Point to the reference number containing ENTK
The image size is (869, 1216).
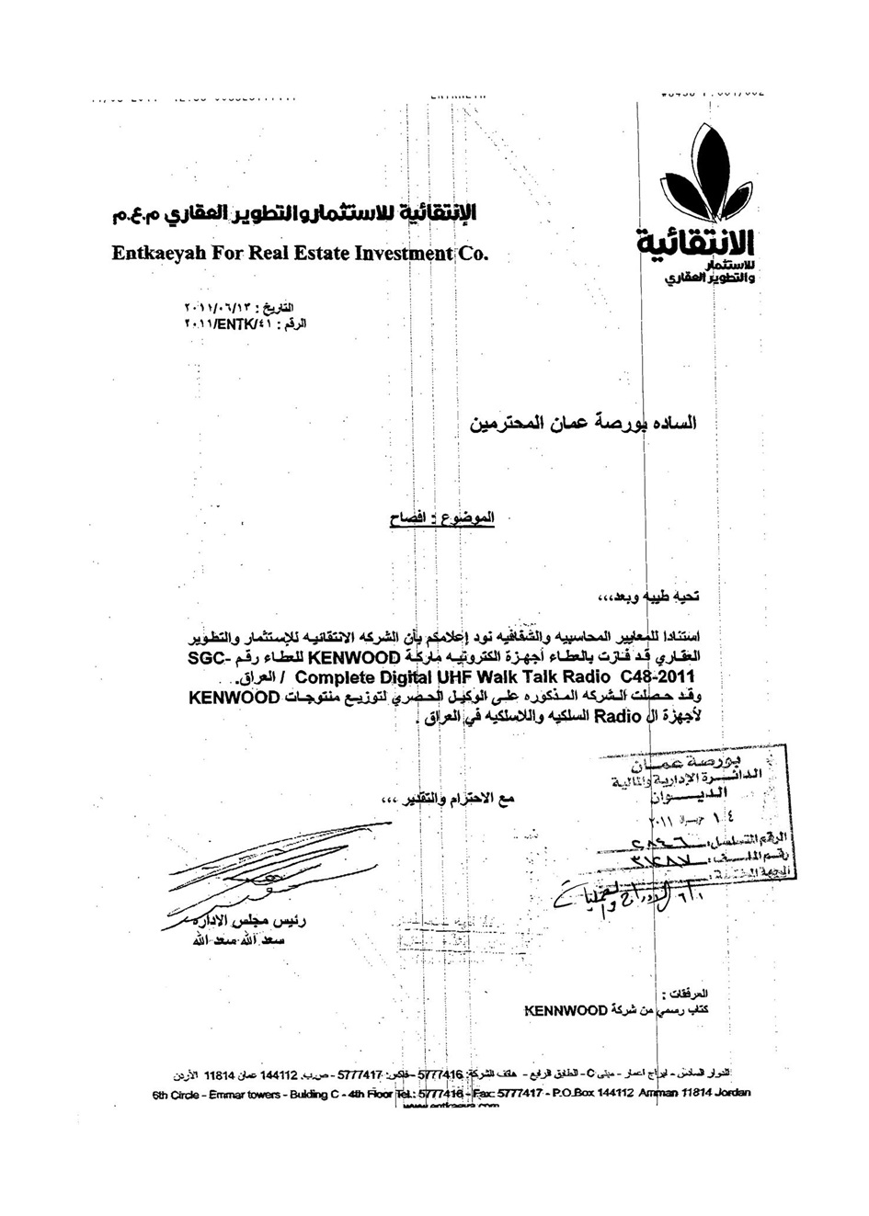point(246,324)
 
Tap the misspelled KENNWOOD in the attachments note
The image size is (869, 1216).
point(566,1010)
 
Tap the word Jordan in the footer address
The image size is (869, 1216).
point(729,1093)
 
